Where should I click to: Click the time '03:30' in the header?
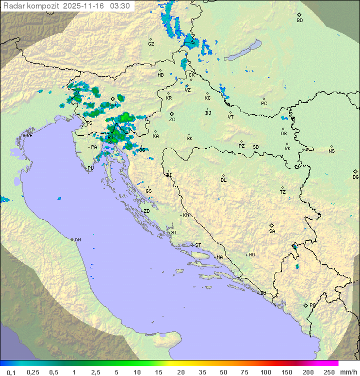tap(119, 6)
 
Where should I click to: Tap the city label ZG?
tap(172, 120)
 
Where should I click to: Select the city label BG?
tap(355, 177)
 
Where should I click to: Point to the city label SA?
tap(272, 231)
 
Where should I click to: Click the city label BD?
tap(299, 21)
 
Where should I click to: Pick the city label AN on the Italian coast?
tap(77, 240)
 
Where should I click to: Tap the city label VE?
tap(29, 136)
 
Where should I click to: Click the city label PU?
tap(90, 168)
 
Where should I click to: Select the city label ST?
tap(198, 245)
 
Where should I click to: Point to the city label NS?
tap(331, 151)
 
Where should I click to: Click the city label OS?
tap(283, 134)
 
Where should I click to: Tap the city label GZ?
tap(151, 44)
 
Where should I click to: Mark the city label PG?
tap(312, 305)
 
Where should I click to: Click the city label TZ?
tap(283, 192)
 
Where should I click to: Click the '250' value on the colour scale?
tap(329, 372)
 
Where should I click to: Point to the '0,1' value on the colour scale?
tap(11, 372)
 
